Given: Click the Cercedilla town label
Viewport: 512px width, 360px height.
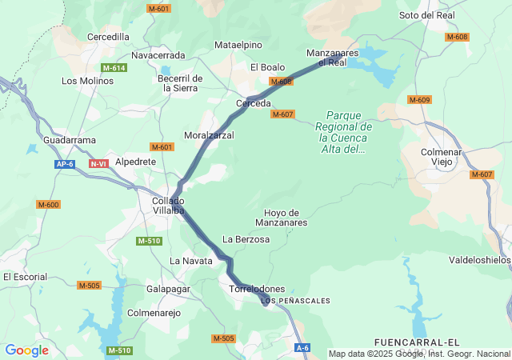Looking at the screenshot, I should (108, 37).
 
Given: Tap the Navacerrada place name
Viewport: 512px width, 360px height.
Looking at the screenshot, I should (158, 55).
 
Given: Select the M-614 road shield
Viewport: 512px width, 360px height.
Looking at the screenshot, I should (114, 68).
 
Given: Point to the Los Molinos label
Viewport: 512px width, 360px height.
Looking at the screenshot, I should (88, 81).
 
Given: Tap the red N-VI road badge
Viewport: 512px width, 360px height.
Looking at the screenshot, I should (99, 164).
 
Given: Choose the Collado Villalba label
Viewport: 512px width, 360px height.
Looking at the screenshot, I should (169, 206).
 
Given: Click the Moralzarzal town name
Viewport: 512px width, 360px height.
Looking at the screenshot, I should (209, 135).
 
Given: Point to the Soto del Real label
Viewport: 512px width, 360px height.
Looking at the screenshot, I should (427, 15).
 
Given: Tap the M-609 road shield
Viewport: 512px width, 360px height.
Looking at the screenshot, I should (419, 100).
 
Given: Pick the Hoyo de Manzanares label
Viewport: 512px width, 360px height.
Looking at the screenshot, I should (281, 218).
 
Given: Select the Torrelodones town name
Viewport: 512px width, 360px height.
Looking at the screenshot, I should (257, 288).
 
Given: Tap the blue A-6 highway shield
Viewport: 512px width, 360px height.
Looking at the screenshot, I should (302, 348).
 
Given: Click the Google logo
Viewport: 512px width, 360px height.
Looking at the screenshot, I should (26, 350).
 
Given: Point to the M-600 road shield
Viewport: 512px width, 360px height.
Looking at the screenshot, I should (48, 205).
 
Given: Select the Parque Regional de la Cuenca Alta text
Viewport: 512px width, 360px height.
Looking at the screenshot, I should (343, 132).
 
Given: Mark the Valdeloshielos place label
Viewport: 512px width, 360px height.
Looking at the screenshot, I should (479, 260).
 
